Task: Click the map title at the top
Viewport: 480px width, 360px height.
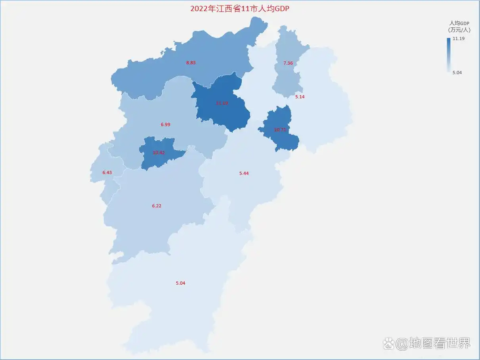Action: pos(239,8)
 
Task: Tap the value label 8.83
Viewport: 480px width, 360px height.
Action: pos(191,63)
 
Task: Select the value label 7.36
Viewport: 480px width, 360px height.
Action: pos(288,63)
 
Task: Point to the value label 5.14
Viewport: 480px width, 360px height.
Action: pos(300,97)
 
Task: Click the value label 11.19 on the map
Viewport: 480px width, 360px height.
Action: pos(222,103)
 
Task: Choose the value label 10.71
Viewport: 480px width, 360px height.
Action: pos(280,130)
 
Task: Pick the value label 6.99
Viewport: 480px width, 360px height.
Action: pos(165,124)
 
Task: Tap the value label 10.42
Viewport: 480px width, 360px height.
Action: pos(159,153)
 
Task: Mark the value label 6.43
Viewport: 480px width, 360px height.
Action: pos(107,172)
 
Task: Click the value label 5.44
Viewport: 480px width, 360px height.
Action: pos(244,173)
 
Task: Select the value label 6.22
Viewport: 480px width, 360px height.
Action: pos(157,206)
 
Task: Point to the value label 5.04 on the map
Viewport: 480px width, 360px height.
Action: pos(180,283)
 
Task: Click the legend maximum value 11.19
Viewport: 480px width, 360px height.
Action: pos(459,38)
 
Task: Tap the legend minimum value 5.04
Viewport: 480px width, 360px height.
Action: pos(457,73)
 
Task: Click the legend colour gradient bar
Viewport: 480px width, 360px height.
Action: pos(448,55)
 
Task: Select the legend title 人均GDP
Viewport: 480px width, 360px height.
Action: pos(459,23)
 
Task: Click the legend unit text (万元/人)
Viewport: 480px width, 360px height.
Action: pos(459,30)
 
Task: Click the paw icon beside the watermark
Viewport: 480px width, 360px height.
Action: pos(389,343)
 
